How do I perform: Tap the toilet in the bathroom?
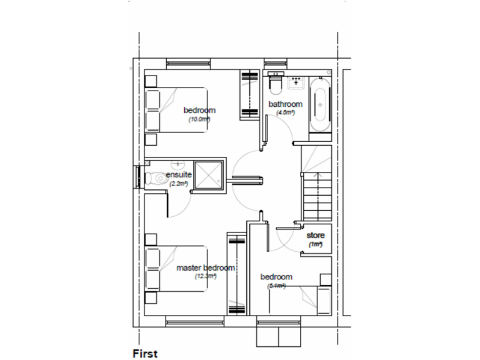click(274, 82)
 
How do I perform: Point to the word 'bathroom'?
click(285, 104)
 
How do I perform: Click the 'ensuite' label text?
click(178, 175)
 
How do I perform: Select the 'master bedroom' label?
click(206, 267)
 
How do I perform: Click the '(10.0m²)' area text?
click(199, 119)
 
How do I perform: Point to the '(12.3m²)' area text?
click(205, 276)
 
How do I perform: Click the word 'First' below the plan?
click(145, 353)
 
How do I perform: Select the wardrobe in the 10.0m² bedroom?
click(248, 95)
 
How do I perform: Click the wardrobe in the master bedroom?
click(236, 274)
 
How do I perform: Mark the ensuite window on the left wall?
click(136, 176)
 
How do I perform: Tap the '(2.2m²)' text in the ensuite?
click(179, 184)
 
